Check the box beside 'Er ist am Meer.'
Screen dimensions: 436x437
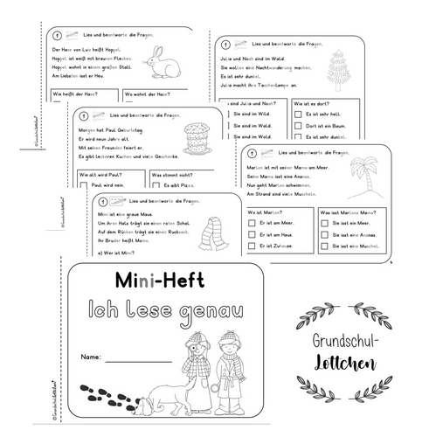253,223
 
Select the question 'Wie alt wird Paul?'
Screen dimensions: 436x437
99,175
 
